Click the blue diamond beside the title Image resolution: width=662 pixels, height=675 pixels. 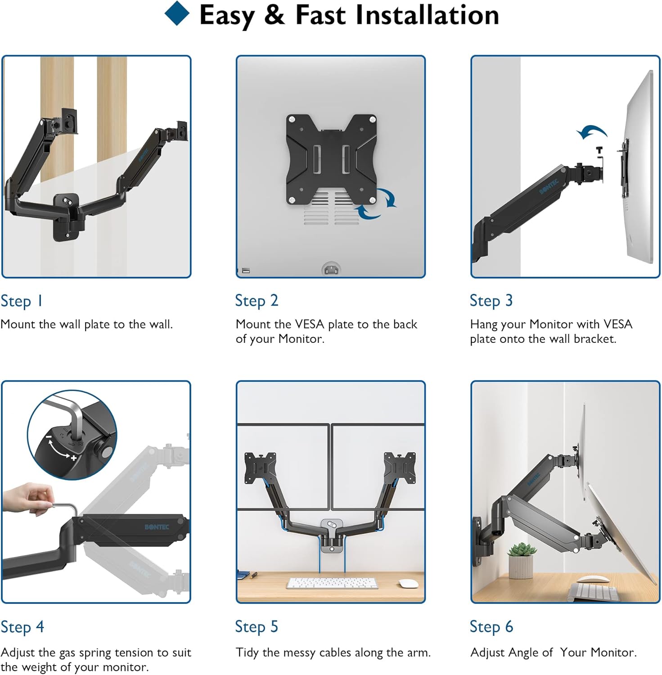pyautogui.click(x=177, y=13)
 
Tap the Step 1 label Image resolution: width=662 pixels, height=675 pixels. pyautogui.click(x=22, y=301)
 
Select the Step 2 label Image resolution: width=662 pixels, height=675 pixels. pyautogui.click(x=257, y=301)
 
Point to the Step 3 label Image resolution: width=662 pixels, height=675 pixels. pyautogui.click(x=491, y=301)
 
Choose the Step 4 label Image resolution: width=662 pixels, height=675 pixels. pyautogui.click(x=23, y=627)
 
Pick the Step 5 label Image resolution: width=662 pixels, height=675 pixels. pyautogui.click(x=257, y=627)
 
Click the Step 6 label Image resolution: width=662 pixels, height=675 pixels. pyautogui.click(x=491, y=627)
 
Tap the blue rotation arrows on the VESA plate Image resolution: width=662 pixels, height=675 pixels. pyautogui.click(x=376, y=205)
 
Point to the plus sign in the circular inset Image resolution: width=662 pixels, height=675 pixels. pyautogui.click(x=74, y=458)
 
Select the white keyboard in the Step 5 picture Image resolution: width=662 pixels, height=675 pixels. pyautogui.click(x=332, y=583)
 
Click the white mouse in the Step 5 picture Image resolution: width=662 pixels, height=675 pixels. pyautogui.click(x=409, y=583)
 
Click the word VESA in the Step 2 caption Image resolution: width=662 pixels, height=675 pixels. pyautogui.click(x=310, y=324)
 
